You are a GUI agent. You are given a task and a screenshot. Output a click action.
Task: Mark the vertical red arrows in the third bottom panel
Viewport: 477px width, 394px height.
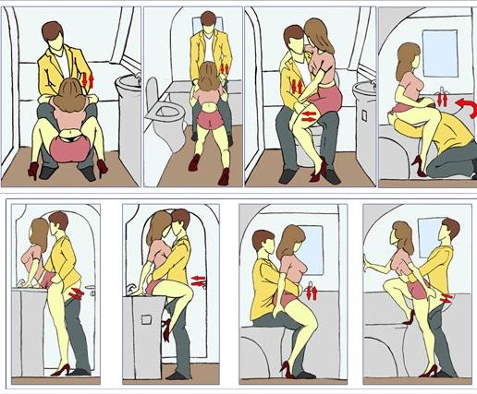312,292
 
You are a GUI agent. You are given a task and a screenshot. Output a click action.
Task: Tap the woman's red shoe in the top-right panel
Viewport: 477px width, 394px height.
418,165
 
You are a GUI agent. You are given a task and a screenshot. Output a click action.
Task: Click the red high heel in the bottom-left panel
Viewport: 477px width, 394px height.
61,370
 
